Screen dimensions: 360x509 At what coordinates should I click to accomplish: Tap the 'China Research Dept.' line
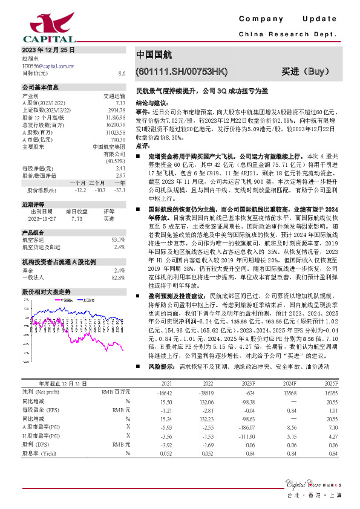[287, 34]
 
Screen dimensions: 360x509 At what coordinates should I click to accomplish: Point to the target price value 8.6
[122, 73]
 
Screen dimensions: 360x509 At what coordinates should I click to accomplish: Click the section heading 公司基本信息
[41, 87]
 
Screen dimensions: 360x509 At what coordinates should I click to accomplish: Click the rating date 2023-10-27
[41, 219]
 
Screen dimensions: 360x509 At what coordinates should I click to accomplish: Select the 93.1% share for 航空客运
[119, 240]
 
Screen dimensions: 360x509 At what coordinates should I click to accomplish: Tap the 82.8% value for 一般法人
[119, 277]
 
